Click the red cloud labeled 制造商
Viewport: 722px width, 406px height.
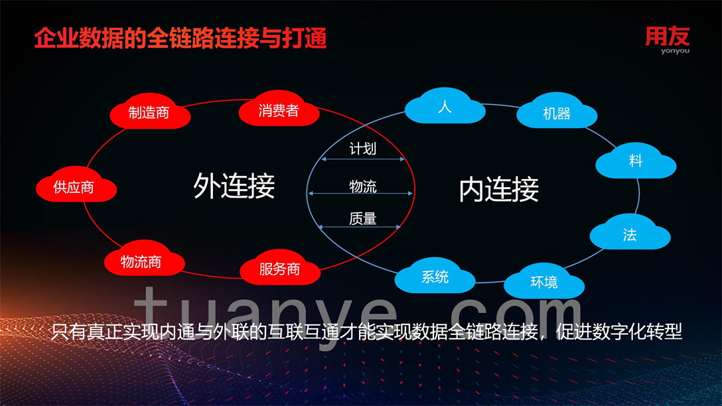click(x=150, y=112)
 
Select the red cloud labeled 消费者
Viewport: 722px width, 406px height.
click(x=279, y=109)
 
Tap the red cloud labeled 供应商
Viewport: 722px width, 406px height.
click(x=76, y=185)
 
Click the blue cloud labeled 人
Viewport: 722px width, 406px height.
click(x=445, y=106)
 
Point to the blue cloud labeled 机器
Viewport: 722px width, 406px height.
click(x=557, y=111)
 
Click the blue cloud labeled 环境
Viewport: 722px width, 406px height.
click(x=544, y=281)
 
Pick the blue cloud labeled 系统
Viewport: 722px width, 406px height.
click(x=435, y=276)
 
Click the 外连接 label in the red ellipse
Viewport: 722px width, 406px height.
click(x=234, y=186)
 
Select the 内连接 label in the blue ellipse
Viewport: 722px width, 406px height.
click(x=499, y=189)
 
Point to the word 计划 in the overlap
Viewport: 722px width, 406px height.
click(x=363, y=149)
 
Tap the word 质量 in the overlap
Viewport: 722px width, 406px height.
click(x=363, y=218)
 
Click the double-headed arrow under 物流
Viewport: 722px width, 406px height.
click(x=360, y=193)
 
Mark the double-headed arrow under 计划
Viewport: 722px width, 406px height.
click(x=363, y=159)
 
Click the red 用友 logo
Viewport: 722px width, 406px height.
click(x=667, y=36)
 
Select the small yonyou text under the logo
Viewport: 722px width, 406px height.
click(x=675, y=50)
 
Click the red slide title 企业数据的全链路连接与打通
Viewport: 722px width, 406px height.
click(x=180, y=38)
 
